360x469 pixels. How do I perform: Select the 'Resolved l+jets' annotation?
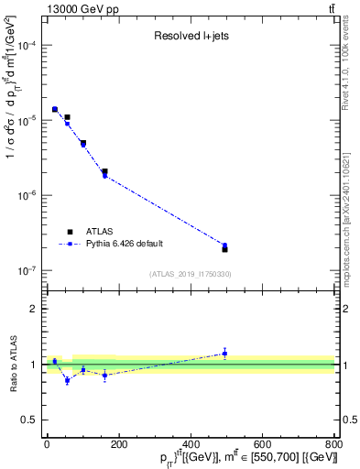pyautogui.click(x=191, y=36)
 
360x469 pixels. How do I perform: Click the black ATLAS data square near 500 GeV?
pyautogui.click(x=224, y=249)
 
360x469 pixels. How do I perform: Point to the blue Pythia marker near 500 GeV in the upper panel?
pyautogui.click(x=224, y=245)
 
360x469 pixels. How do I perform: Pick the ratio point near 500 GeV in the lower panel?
pyautogui.click(x=224, y=353)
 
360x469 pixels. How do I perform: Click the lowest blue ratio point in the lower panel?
pyautogui.click(x=67, y=380)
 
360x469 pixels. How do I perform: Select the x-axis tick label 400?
pyautogui.click(x=191, y=445)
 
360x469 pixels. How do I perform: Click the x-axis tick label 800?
pyautogui.click(x=333, y=445)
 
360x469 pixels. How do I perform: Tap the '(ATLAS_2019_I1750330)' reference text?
pyautogui.click(x=191, y=274)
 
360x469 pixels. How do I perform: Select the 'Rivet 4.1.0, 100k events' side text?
pyautogui.click(x=352, y=73)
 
